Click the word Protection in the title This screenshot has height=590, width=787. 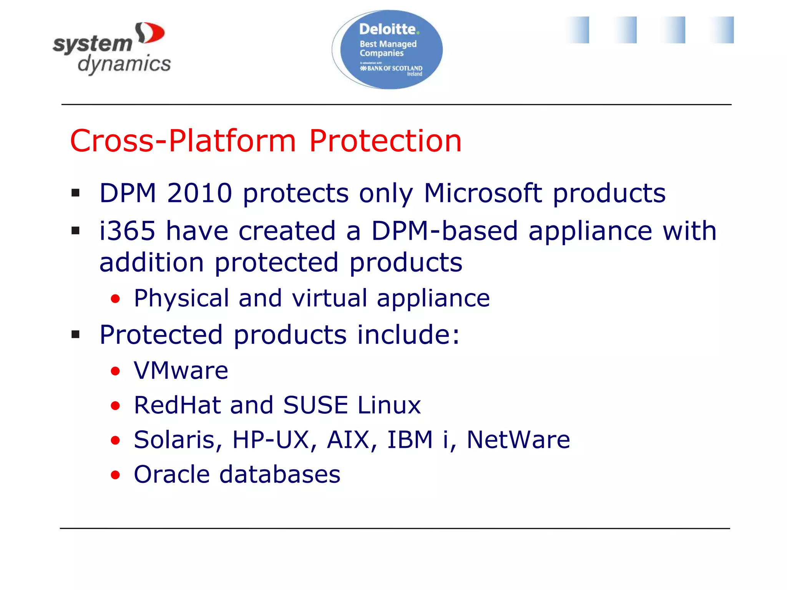385,141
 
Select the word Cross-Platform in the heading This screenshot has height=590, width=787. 183,141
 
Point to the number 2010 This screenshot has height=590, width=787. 199,193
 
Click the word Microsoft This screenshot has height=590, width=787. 483,193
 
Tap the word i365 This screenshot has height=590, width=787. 127,231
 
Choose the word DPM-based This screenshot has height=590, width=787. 445,231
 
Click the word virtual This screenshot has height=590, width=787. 329,298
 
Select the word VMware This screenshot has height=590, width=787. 181,371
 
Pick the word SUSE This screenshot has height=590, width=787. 315,405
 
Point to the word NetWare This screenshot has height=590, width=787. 518,440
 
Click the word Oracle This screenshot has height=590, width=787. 172,474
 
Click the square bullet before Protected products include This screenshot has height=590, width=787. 76,335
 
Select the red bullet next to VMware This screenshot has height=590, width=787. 115,371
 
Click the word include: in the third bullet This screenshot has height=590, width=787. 408,335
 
